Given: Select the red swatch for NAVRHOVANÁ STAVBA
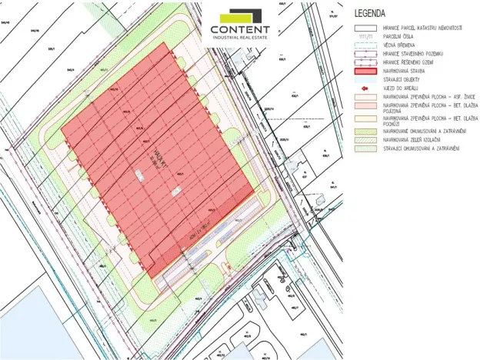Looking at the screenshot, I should click(363, 70).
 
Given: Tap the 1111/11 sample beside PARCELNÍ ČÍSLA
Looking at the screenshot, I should click(363, 35).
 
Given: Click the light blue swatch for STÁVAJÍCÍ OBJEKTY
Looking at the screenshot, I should click(363, 79).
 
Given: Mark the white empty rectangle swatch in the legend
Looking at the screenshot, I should click(363, 27).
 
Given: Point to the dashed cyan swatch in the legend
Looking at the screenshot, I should click(363, 44).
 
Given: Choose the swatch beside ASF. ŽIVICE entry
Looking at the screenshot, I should click(363, 97).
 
